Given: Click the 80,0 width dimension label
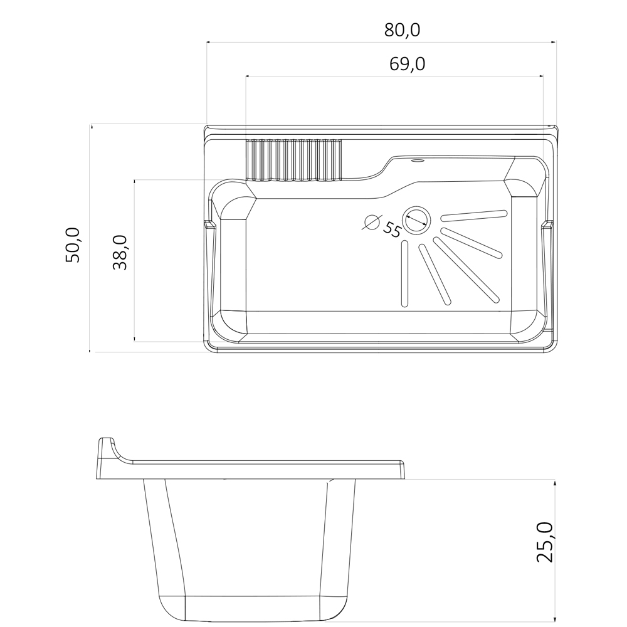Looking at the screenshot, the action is point(403,30).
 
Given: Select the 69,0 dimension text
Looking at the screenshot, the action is point(407,64).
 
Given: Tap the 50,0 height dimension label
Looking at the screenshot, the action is point(73,245).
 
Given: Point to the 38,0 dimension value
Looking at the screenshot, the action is point(120,252).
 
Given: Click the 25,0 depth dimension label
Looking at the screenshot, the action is point(545,542).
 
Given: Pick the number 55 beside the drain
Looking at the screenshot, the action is point(391,230).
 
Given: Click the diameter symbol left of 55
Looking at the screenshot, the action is point(372,222).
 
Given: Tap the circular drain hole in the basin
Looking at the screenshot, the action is point(416,219).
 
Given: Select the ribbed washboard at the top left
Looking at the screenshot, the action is point(294,160).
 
